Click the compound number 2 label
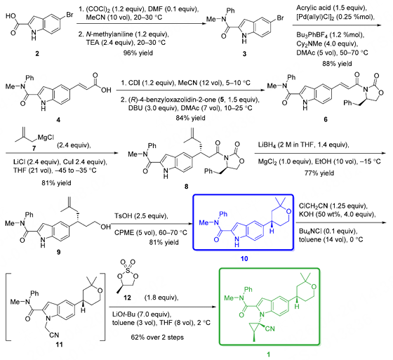(37, 53)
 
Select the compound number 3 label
(244, 54)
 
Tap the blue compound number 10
(244, 258)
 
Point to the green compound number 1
(268, 354)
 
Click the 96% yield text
(138, 53)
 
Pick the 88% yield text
(337, 64)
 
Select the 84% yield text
(190, 118)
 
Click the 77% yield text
(319, 173)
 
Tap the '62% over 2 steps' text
(157, 337)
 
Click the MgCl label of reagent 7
(46, 137)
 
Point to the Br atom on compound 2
(69, 15)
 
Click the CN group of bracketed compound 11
(54, 335)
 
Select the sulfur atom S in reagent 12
(128, 270)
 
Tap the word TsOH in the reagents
(124, 215)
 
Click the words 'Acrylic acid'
(312, 8)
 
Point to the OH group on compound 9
(105, 227)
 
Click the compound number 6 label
(326, 119)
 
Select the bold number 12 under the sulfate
(127, 298)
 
